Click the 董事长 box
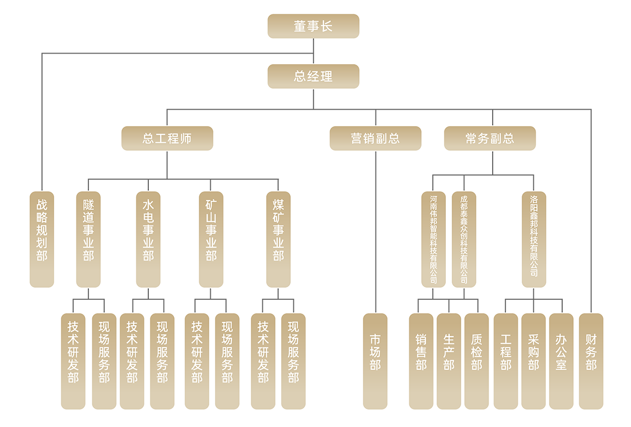tap(313, 26)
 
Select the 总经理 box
tap(313, 76)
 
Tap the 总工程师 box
tap(167, 138)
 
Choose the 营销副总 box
tap(375, 138)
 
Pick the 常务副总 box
tap(490, 138)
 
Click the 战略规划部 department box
tap(42, 239)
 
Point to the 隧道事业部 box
tap(88, 239)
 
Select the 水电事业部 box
tap(148, 239)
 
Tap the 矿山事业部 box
tap(211, 239)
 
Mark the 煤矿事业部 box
tap(278, 239)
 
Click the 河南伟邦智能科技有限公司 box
tap(433, 239)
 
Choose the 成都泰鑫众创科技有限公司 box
tap(464, 239)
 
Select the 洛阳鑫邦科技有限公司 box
tap(534, 239)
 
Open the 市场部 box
tap(375, 361)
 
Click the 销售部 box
tap(421, 361)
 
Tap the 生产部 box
tap(449, 361)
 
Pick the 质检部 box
tap(476, 361)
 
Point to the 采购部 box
tap(534, 361)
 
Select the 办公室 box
tap(561, 361)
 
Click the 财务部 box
tap(591, 361)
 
